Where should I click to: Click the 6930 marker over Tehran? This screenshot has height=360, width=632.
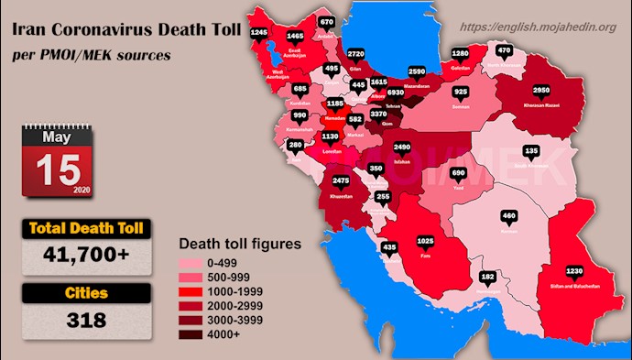(396, 93)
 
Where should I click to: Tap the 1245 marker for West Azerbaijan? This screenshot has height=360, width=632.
(259, 33)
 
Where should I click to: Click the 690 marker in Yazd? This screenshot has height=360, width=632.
(459, 172)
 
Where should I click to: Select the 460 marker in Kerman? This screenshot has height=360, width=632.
(510, 216)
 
